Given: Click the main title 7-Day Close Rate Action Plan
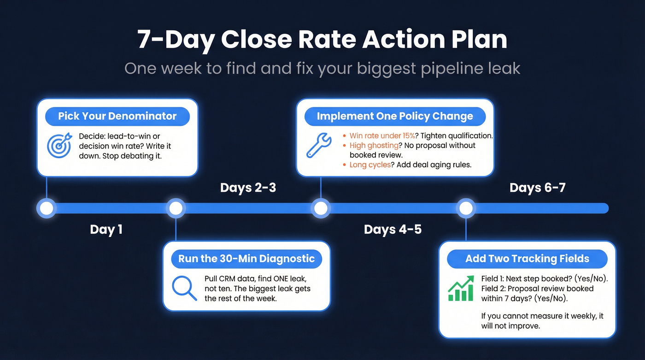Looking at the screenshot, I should point(322,40).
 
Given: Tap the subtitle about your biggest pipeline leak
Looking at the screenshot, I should point(322,69).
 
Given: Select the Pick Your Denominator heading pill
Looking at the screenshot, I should point(117,116).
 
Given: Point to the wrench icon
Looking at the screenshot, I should point(319,145).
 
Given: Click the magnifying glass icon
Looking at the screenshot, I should point(184,288).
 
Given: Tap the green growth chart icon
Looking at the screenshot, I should point(461,289).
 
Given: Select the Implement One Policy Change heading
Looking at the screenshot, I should point(395,116).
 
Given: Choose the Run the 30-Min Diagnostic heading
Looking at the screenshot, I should point(246,259).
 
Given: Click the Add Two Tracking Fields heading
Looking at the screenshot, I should point(527,259).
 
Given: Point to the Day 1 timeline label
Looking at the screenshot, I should point(106,229).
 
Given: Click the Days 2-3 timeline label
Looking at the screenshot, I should point(248,188).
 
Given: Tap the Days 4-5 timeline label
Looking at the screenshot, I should point(393,229).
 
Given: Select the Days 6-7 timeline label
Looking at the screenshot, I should point(537,188).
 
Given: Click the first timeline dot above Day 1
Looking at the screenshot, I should point(46,208).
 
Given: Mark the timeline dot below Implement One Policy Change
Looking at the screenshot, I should point(321,208).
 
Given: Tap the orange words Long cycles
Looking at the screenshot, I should point(370,165).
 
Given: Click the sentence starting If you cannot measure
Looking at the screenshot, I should point(542,321).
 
